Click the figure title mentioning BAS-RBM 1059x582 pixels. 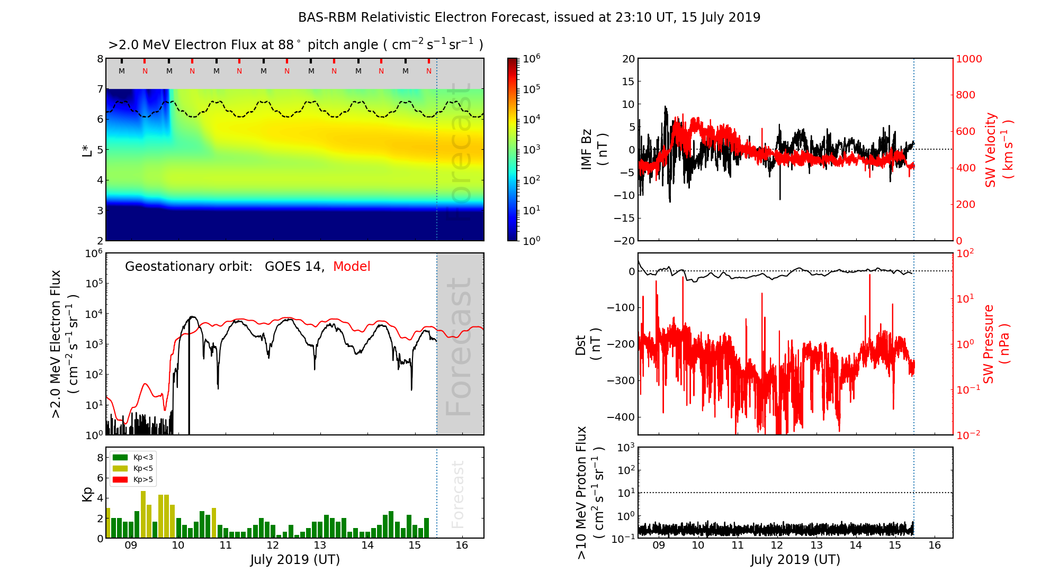(529, 17)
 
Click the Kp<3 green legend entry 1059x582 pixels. (133, 457)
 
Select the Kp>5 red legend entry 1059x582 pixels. (133, 480)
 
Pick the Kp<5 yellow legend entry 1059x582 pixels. (133, 468)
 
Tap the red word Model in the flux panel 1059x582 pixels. (352, 267)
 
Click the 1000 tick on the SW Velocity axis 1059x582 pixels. (968, 59)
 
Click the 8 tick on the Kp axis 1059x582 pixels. (100, 458)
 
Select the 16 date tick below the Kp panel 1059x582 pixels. (462, 545)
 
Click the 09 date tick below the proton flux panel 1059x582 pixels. (659, 545)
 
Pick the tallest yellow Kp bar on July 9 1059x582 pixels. (143, 514)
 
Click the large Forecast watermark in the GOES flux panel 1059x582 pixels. (459, 347)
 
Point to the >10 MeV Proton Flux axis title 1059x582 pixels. (589, 493)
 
